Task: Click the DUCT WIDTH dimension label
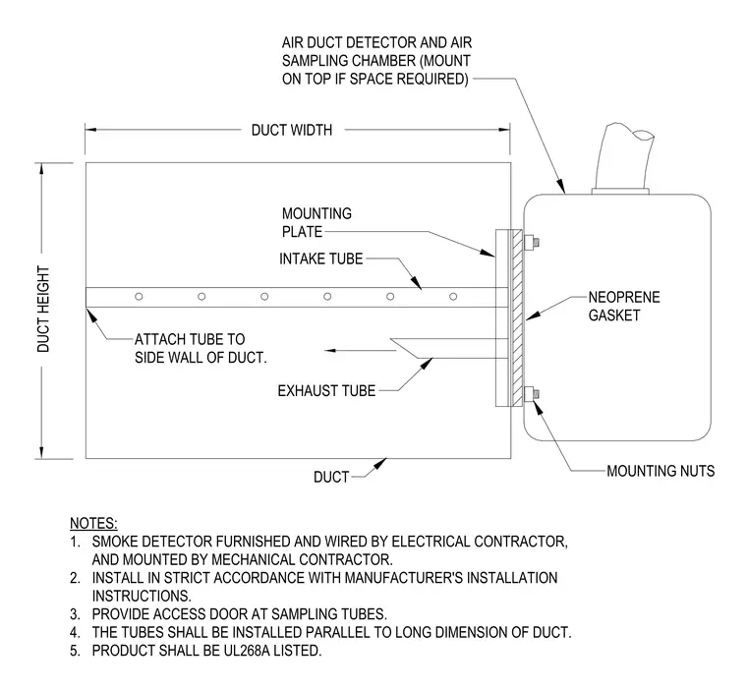[292, 130]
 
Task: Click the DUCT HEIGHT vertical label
[43, 310]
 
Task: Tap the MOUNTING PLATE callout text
[316, 222]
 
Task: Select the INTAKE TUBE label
[320, 259]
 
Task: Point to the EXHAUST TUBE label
[326, 391]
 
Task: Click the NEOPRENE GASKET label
[624, 306]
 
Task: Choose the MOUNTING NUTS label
[661, 471]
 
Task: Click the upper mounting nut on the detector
[532, 242]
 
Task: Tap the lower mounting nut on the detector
[532, 394]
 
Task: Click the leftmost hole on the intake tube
[139, 297]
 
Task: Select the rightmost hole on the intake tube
[453, 297]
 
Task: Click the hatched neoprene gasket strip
[517, 317]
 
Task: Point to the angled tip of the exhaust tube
[390, 340]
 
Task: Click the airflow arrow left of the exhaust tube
[361, 350]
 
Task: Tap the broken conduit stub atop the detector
[622, 157]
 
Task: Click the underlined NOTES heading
[93, 523]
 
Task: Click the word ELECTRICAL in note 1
[431, 542]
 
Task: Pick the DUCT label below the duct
[331, 477]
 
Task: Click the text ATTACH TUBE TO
[190, 339]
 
